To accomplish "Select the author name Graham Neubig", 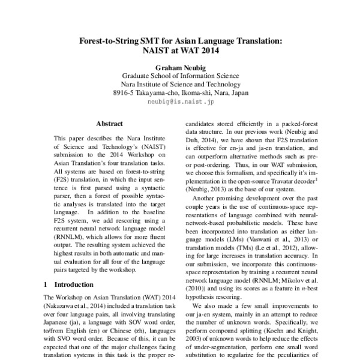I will [180, 68].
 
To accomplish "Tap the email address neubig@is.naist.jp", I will [180, 103].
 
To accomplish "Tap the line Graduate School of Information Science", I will [180, 76].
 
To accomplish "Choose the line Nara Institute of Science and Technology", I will [180, 85].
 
